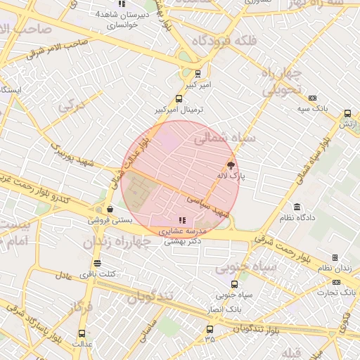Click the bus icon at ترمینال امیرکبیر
179,99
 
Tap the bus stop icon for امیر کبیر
198,73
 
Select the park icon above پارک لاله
231,166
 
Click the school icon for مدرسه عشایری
183,220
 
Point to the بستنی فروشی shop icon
110,209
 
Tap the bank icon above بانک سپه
313,98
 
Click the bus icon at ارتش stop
347,113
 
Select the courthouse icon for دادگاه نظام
297,207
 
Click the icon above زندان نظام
335,258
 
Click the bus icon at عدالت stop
82,334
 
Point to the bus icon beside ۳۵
209,329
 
